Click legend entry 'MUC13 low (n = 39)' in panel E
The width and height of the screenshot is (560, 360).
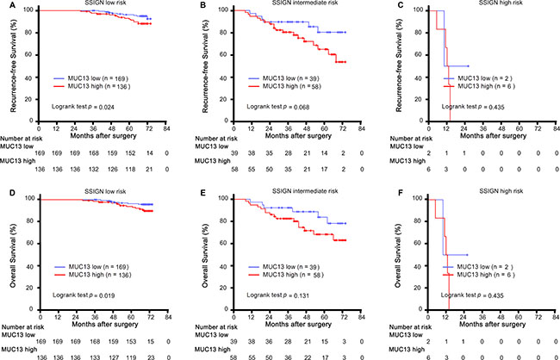tap(280, 264)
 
